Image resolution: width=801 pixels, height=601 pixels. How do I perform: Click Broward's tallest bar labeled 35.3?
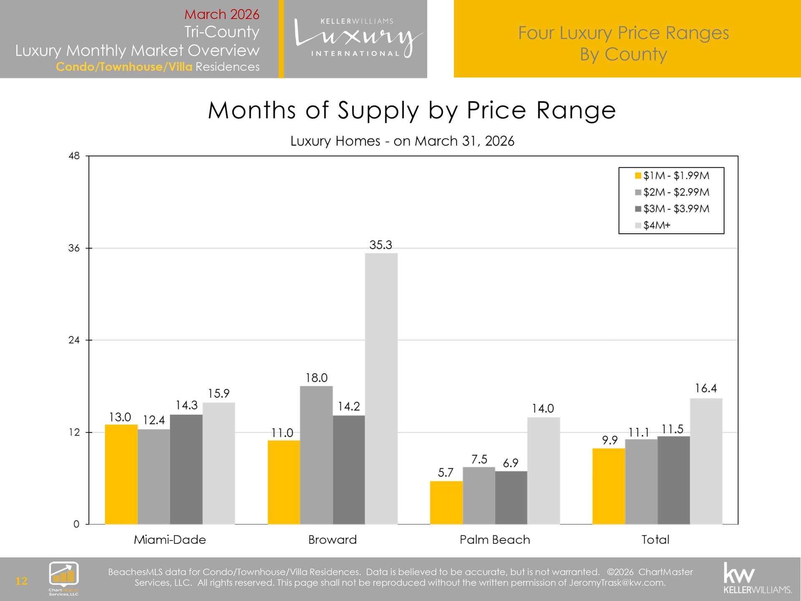pyautogui.click(x=381, y=388)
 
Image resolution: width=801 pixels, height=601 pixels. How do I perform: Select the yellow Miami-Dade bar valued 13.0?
pyautogui.click(x=121, y=474)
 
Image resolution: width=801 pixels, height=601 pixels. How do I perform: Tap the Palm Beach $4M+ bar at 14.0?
pyautogui.click(x=543, y=470)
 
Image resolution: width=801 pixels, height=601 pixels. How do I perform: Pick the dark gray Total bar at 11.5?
pyautogui.click(x=673, y=480)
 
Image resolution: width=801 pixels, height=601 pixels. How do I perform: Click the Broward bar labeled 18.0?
pyautogui.click(x=316, y=455)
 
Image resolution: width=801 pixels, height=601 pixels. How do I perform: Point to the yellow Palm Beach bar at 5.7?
pyautogui.click(x=446, y=503)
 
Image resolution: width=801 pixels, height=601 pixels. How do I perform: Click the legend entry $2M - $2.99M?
pyautogui.click(x=676, y=192)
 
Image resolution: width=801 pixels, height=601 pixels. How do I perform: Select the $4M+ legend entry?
pyautogui.click(x=657, y=225)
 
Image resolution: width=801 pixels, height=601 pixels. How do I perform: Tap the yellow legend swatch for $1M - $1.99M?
pyautogui.click(x=638, y=176)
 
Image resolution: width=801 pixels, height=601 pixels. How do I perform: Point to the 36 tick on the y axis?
pyautogui.click(x=74, y=248)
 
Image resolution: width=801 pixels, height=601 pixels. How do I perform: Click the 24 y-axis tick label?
pyautogui.click(x=74, y=340)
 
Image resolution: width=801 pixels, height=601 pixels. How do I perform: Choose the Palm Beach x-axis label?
pyautogui.click(x=495, y=540)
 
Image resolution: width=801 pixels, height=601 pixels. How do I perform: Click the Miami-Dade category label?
pyautogui.click(x=170, y=540)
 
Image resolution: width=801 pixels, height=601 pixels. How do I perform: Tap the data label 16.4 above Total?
pyautogui.click(x=705, y=389)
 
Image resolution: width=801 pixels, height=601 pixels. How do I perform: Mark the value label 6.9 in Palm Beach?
pyautogui.click(x=510, y=463)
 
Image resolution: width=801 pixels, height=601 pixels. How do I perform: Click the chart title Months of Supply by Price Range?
pyautogui.click(x=412, y=111)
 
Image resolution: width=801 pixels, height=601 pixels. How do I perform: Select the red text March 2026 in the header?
pyautogui.click(x=222, y=14)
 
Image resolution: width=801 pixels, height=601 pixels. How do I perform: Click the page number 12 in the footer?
pyautogui.click(x=21, y=581)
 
